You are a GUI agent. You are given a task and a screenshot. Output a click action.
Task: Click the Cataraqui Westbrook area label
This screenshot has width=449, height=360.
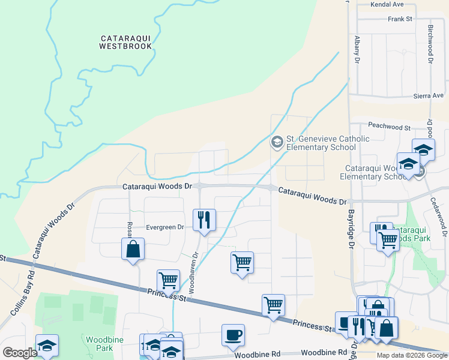tap(125, 41)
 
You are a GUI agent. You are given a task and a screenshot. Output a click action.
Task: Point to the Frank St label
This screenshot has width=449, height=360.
tap(400, 19)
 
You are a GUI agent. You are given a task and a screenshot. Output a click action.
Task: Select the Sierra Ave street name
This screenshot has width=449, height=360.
tap(428, 95)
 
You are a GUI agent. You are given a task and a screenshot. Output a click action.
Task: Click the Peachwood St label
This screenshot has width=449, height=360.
tap(389, 128)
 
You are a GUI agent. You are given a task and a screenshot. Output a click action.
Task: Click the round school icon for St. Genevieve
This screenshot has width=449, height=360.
tap(277, 142)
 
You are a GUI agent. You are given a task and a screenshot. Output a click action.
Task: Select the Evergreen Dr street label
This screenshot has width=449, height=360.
tap(165, 227)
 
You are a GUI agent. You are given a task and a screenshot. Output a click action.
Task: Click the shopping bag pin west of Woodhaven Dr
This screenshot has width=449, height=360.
tap(133, 249)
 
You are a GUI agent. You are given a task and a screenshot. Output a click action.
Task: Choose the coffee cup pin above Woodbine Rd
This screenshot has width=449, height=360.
tap(233, 335)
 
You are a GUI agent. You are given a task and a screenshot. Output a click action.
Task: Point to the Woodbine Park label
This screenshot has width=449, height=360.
tap(100, 343)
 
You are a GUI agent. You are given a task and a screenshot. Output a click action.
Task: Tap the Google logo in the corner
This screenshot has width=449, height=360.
tap(20, 353)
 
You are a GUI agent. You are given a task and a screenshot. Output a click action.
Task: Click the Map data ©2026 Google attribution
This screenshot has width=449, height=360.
tap(411, 355)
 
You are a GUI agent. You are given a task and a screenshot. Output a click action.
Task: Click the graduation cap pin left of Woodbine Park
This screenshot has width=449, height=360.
tap(47, 345)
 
